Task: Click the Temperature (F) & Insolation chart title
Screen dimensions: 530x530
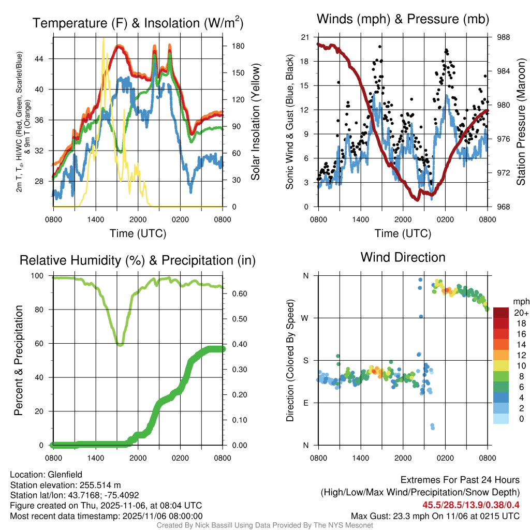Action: tap(138, 23)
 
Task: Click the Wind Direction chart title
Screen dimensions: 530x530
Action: tap(403, 257)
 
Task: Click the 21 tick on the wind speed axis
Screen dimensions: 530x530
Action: tap(305, 37)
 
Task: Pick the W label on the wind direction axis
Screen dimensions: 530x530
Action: tap(306, 318)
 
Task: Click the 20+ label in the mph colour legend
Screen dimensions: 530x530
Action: tap(521, 313)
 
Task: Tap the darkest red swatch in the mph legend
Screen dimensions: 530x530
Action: tap(500, 313)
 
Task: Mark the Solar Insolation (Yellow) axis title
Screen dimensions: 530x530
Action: tap(255, 122)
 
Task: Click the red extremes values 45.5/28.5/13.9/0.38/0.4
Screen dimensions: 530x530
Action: tap(472, 505)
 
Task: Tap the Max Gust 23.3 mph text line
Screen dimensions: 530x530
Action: tap(435, 516)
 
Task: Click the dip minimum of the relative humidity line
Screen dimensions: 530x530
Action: tap(120, 344)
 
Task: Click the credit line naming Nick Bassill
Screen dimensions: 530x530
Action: tap(265, 525)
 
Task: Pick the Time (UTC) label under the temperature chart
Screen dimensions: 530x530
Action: tap(138, 234)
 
